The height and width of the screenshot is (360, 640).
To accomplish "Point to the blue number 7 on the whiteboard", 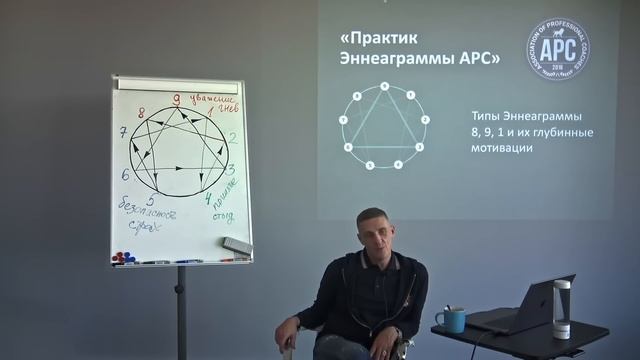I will coord(122,132).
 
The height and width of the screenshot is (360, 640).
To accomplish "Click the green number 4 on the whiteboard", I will coord(208,198).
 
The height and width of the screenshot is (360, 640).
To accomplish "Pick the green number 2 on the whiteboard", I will coord(232,138).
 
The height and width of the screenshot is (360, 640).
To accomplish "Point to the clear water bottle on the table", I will coord(561,312).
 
